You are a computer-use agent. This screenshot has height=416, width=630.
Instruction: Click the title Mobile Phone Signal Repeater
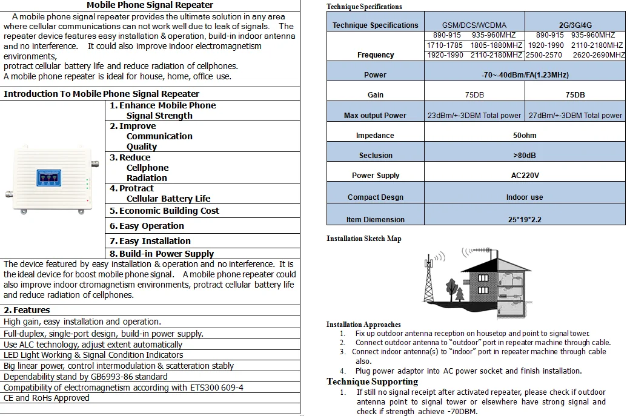(150, 5)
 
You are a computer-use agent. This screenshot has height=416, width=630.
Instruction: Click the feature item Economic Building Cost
(164, 211)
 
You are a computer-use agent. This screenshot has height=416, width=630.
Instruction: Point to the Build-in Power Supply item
(162, 254)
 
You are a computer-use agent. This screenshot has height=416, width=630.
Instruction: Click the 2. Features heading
(27, 310)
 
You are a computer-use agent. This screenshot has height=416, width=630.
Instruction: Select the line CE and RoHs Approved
(47, 398)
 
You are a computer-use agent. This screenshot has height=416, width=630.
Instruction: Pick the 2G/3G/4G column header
(575, 25)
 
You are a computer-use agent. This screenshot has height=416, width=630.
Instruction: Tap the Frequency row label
(376, 55)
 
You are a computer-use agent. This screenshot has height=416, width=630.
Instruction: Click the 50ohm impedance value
(524, 136)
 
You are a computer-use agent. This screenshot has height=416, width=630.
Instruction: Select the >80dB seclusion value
(524, 156)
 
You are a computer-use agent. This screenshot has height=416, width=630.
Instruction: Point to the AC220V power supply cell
(524, 176)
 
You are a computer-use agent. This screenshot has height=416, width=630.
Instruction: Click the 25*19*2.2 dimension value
(524, 219)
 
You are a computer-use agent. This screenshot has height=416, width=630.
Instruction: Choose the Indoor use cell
(524, 197)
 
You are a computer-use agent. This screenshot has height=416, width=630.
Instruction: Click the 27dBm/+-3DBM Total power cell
(575, 116)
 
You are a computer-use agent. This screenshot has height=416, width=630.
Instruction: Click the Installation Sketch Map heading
(363, 239)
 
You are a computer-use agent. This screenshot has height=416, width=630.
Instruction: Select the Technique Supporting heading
(372, 381)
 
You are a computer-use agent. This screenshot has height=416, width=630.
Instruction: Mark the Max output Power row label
(375, 116)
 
